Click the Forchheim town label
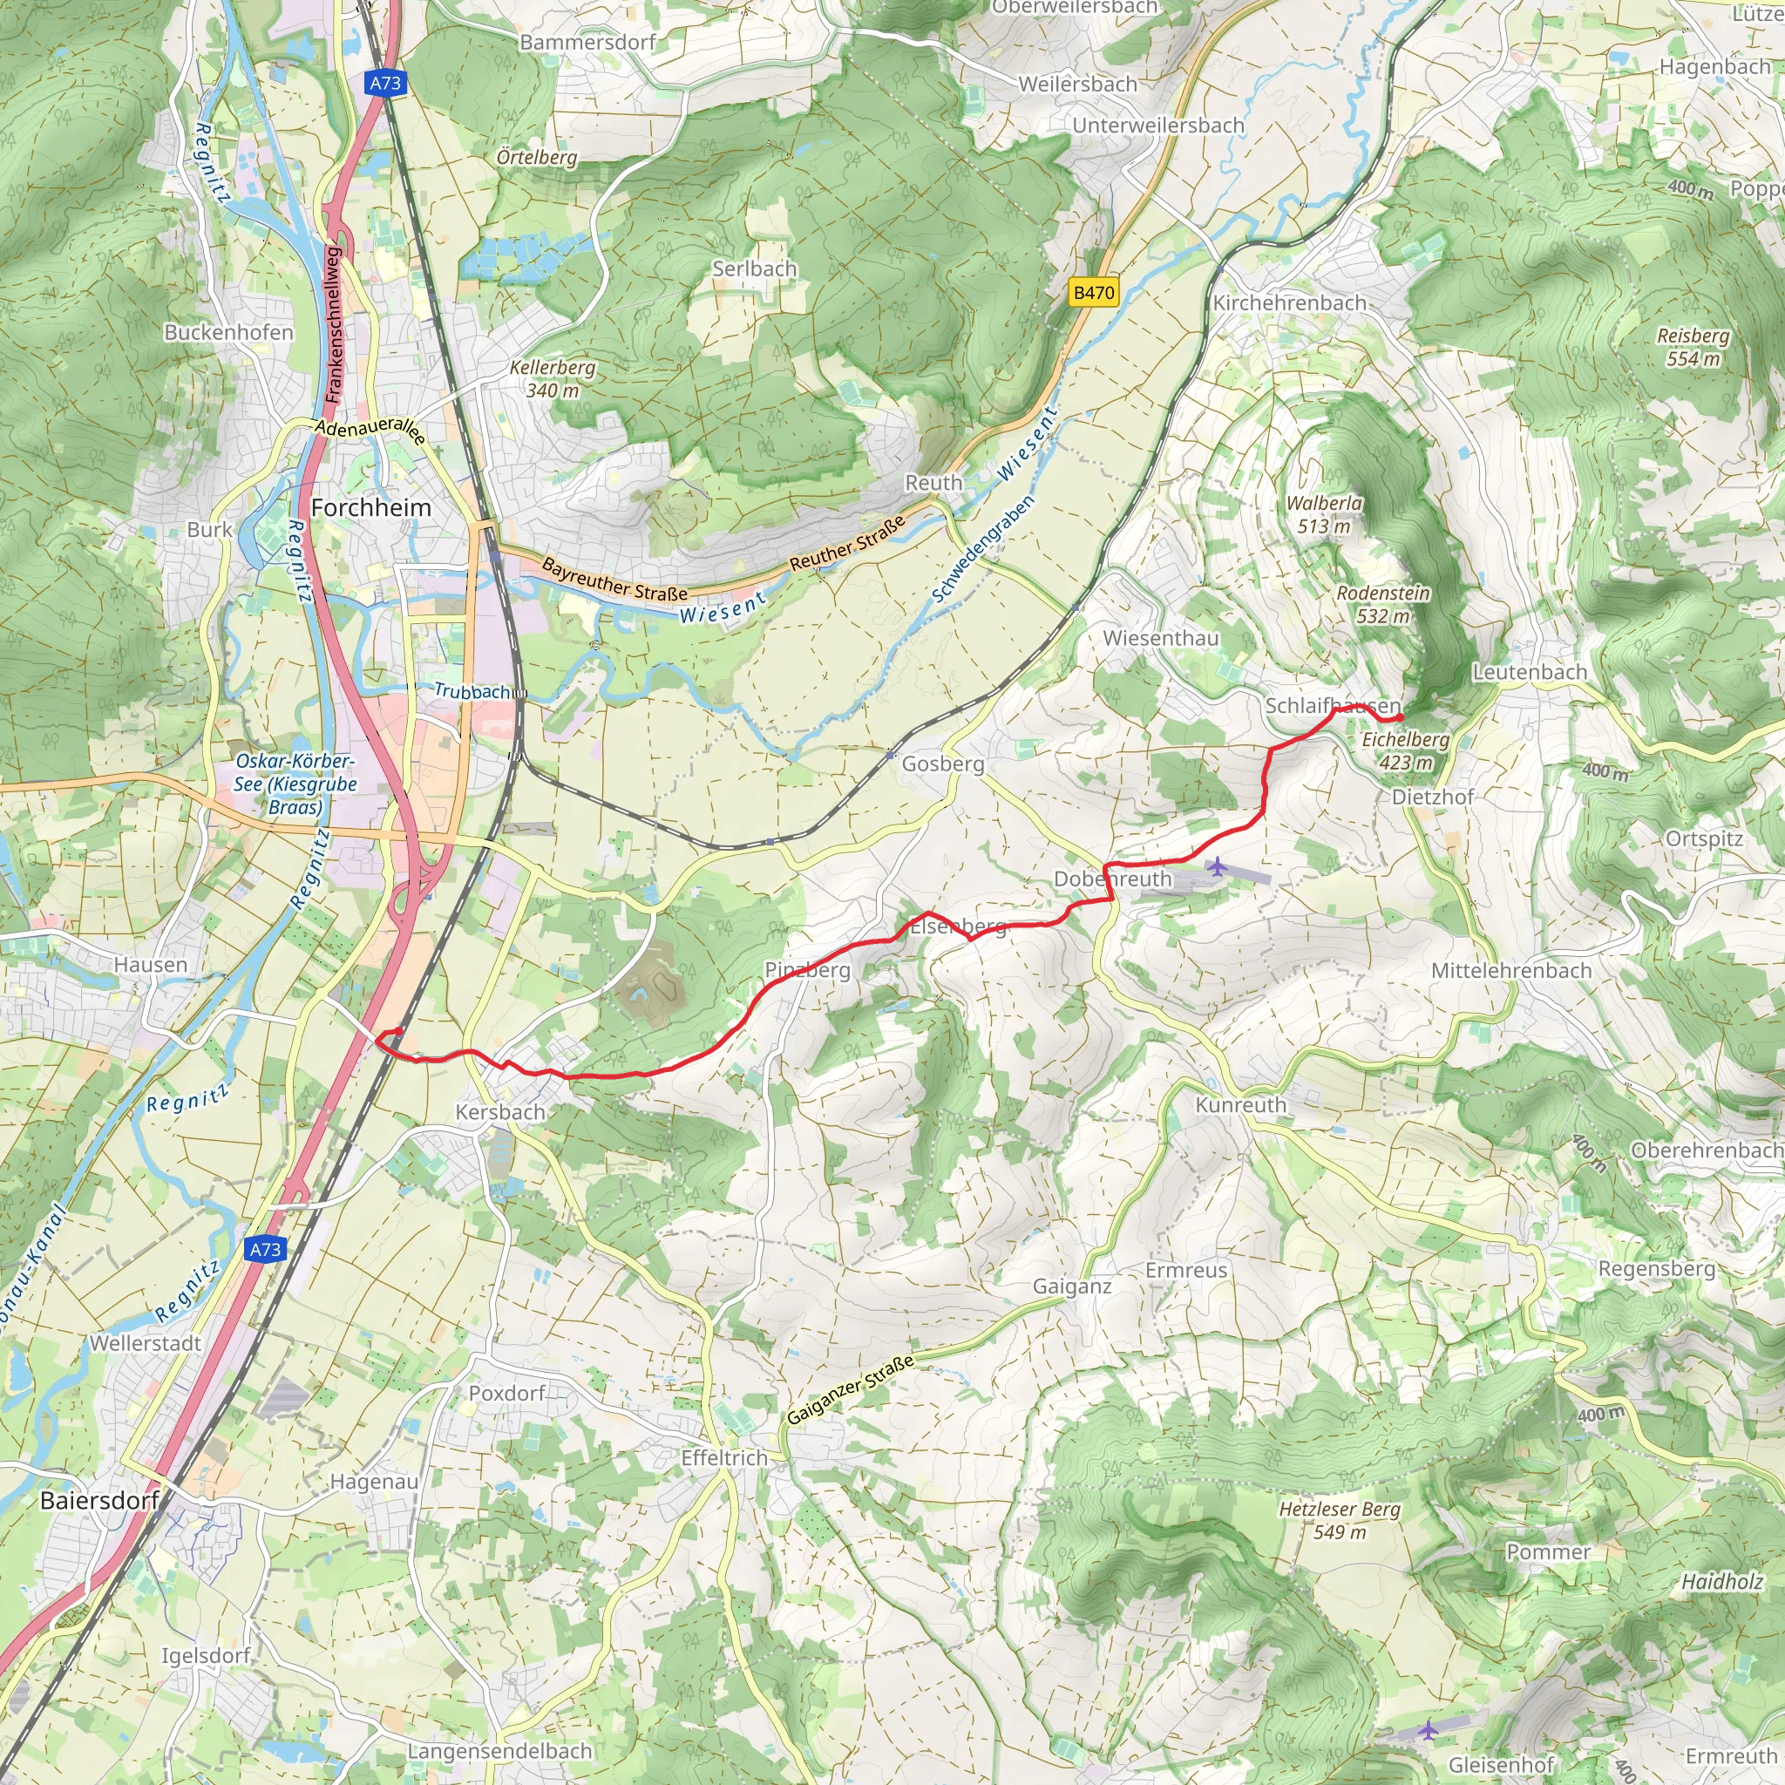coord(370,508)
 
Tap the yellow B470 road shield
coord(1093,293)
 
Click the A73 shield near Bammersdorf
coord(385,83)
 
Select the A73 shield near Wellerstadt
coord(266,1249)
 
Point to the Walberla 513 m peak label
coord(1324,514)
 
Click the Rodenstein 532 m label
coord(1382,604)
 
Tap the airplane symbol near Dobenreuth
coord(1218,866)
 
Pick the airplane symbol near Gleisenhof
coord(1429,1728)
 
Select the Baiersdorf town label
coord(98,1501)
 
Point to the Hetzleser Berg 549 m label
coord(1339,1520)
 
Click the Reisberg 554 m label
coord(1693,347)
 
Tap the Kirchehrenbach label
coord(1289,303)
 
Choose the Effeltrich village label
coord(724,1458)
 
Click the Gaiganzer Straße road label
coord(850,1389)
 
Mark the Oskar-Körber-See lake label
coord(295,784)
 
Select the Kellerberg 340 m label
coord(553,379)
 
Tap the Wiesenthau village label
coord(1160,638)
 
